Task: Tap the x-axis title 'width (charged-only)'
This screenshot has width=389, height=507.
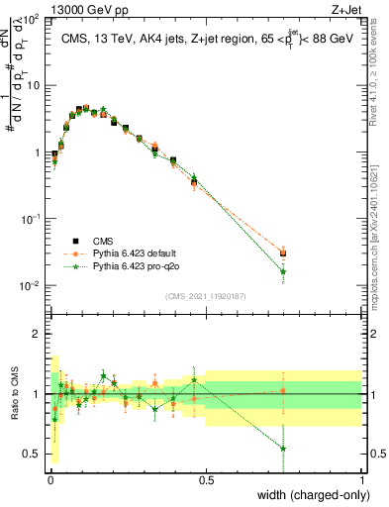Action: point(309,494)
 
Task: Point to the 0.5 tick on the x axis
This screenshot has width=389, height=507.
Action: point(206,479)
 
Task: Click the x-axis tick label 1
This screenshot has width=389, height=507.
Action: point(362,479)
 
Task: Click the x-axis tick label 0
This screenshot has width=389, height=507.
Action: point(49,479)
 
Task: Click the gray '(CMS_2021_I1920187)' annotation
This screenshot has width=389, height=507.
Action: point(205,295)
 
